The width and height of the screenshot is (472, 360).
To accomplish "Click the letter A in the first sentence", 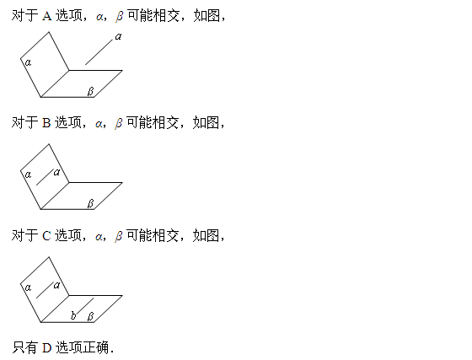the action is pos(47,16).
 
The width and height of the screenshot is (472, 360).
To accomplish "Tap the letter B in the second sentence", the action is pos(46,123).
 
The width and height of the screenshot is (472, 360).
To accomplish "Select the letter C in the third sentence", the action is pos(46,236).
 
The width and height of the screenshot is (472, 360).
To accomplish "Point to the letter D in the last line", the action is pos(47,348).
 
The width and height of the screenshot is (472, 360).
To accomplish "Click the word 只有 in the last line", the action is pos(24,347).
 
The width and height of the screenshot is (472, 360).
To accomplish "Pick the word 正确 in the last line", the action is pos(96,347).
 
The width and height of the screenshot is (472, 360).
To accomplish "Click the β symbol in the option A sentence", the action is pos(120,16).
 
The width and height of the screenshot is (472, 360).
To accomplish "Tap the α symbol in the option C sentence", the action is pos(99,237).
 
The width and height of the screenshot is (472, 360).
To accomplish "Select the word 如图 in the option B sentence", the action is pos(206,123).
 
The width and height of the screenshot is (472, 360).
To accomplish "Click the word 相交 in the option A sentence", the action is pos(167,16).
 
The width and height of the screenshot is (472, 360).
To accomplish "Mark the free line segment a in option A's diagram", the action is pos(99,51).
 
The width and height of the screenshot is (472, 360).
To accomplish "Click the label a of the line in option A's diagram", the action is pos(118,37).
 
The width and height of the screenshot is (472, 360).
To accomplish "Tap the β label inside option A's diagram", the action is pos(91,91).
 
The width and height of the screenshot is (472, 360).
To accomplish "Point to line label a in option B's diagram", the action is pos(57,173).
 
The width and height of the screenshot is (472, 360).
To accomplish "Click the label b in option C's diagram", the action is pos(73,315).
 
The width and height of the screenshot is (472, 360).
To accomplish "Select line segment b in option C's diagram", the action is pos(85,306).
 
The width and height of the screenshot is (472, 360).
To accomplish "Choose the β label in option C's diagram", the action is pos(91,316).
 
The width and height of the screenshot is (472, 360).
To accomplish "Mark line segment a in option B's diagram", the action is pos(45,177).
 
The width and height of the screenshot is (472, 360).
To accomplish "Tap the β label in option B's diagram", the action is pos(91,203).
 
